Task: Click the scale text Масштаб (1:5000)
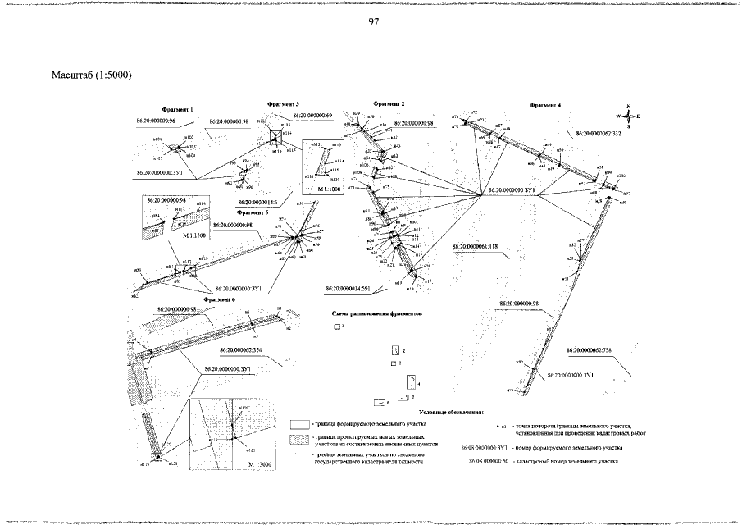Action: point(92,75)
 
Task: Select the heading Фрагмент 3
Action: point(284,104)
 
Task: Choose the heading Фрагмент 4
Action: point(545,105)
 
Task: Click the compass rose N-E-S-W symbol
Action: point(627,116)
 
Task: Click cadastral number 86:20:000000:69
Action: point(305,116)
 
